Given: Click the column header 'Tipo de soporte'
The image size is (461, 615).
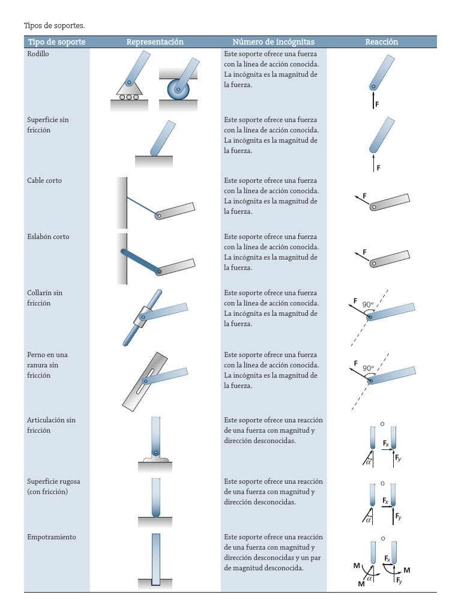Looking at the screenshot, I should (x=56, y=42).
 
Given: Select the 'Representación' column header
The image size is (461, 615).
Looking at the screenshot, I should (x=155, y=42).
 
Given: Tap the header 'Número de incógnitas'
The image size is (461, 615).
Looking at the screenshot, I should (x=273, y=42).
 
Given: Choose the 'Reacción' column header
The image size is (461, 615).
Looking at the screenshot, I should (x=381, y=42).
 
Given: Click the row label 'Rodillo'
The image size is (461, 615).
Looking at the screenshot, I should (x=38, y=54).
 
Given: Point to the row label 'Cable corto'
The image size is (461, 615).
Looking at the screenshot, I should (x=44, y=181).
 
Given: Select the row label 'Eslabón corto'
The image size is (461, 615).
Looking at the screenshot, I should (x=48, y=237).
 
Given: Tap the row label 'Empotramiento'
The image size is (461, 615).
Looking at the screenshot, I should (x=52, y=538).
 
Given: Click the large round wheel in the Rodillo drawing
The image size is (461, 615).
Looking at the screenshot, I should (x=178, y=91).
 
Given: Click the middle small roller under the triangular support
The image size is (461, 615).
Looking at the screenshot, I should (x=128, y=97).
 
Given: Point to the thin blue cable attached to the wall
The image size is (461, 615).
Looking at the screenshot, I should (x=141, y=199).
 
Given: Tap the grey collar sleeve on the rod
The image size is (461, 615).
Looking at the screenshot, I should (x=144, y=315).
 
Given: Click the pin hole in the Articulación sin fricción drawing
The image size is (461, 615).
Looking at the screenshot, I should (x=155, y=453).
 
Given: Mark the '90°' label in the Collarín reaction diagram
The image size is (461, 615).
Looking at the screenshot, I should (x=368, y=304).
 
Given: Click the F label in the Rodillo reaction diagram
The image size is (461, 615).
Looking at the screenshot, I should (x=377, y=105).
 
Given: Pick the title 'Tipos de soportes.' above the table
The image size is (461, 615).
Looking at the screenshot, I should (x=55, y=26).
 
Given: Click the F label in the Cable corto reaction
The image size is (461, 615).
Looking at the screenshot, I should (x=363, y=196).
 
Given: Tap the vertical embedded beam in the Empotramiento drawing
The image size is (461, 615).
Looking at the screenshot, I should (x=156, y=559).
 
